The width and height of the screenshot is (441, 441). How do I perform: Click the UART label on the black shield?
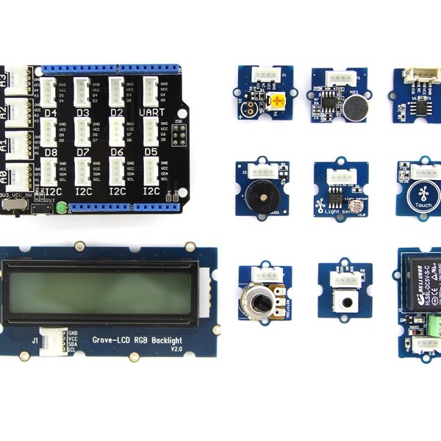pyautogui.click(x=151, y=112)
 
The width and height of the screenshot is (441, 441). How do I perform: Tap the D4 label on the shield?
pyautogui.click(x=51, y=113)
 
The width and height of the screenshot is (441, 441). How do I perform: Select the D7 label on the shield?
pyautogui.click(x=82, y=152)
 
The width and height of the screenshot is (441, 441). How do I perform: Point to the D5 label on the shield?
pyautogui.click(x=151, y=152)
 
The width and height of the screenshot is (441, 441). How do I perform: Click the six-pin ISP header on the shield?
pyautogui.click(x=177, y=137)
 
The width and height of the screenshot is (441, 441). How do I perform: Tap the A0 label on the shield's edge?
pyautogui.click(x=5, y=176)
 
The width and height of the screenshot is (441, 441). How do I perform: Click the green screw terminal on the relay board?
pyautogui.click(x=434, y=324)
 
